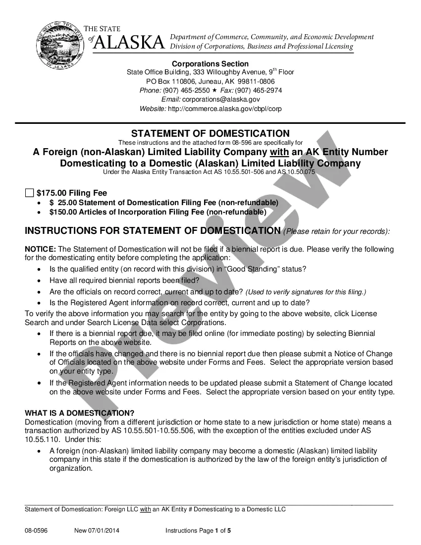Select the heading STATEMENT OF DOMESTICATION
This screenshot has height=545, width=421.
coord(210,133)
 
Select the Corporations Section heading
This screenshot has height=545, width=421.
coord(210,63)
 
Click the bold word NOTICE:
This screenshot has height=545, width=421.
coord(40,249)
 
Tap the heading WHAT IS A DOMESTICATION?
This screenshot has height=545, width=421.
coord(79,413)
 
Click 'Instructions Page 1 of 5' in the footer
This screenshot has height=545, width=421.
coord(198,531)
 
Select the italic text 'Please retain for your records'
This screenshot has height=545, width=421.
coord(337,231)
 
